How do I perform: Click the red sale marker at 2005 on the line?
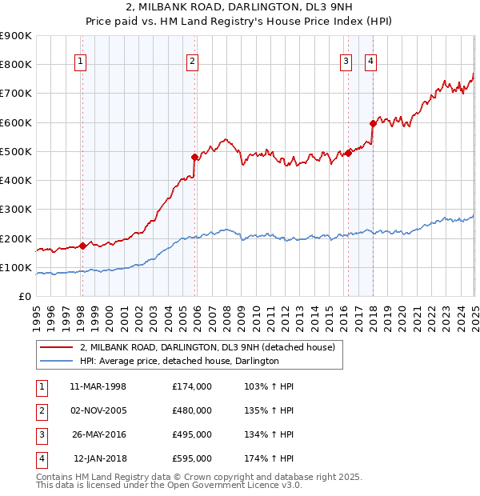point(194,157)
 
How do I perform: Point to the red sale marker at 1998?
point(82,246)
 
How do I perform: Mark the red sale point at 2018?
point(373,123)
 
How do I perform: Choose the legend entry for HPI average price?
point(179,362)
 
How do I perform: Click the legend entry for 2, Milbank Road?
point(212,347)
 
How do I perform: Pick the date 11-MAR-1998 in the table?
point(98,386)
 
